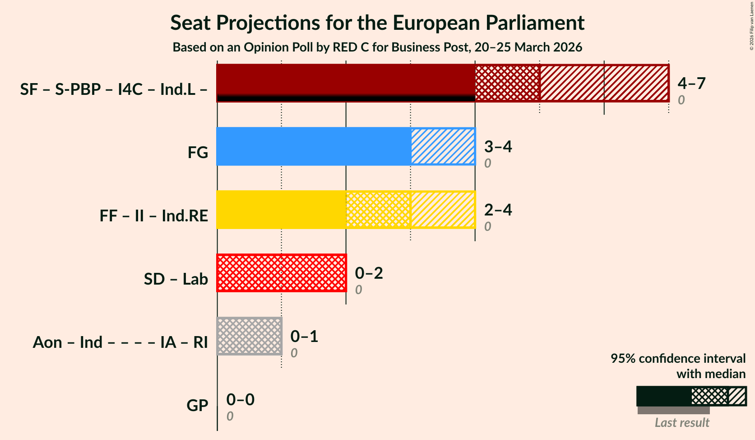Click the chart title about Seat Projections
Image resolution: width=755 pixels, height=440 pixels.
(x=377, y=23)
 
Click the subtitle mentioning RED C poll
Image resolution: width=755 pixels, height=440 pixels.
(x=377, y=47)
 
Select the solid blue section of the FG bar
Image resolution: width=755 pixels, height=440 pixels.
(x=314, y=146)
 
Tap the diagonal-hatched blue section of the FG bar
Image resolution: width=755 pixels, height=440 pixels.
(x=443, y=146)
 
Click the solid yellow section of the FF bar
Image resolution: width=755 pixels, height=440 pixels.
(x=281, y=210)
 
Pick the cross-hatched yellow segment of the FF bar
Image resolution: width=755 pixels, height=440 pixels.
(x=378, y=210)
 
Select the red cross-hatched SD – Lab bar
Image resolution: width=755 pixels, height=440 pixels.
(x=281, y=273)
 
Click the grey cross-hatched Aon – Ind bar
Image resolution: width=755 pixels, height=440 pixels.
(x=249, y=336)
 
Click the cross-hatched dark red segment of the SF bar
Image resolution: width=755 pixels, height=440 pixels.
(x=507, y=83)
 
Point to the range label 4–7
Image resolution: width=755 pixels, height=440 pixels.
(x=691, y=83)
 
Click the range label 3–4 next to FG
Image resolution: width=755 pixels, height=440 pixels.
(x=498, y=146)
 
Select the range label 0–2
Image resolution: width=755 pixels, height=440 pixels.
(x=369, y=273)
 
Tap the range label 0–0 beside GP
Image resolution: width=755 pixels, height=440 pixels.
(x=240, y=399)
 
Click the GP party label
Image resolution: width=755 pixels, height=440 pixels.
(x=197, y=405)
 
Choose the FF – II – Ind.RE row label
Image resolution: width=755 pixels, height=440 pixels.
(x=154, y=215)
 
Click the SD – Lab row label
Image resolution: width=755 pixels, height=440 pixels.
(x=176, y=279)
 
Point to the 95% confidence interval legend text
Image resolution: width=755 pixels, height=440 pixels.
(x=678, y=366)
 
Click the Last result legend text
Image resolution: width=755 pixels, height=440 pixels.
(x=682, y=422)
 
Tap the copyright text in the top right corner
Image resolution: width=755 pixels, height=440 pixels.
(x=751, y=26)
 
